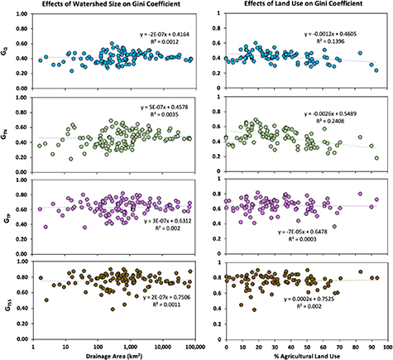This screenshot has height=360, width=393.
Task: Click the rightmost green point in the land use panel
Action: pos(376,158)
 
